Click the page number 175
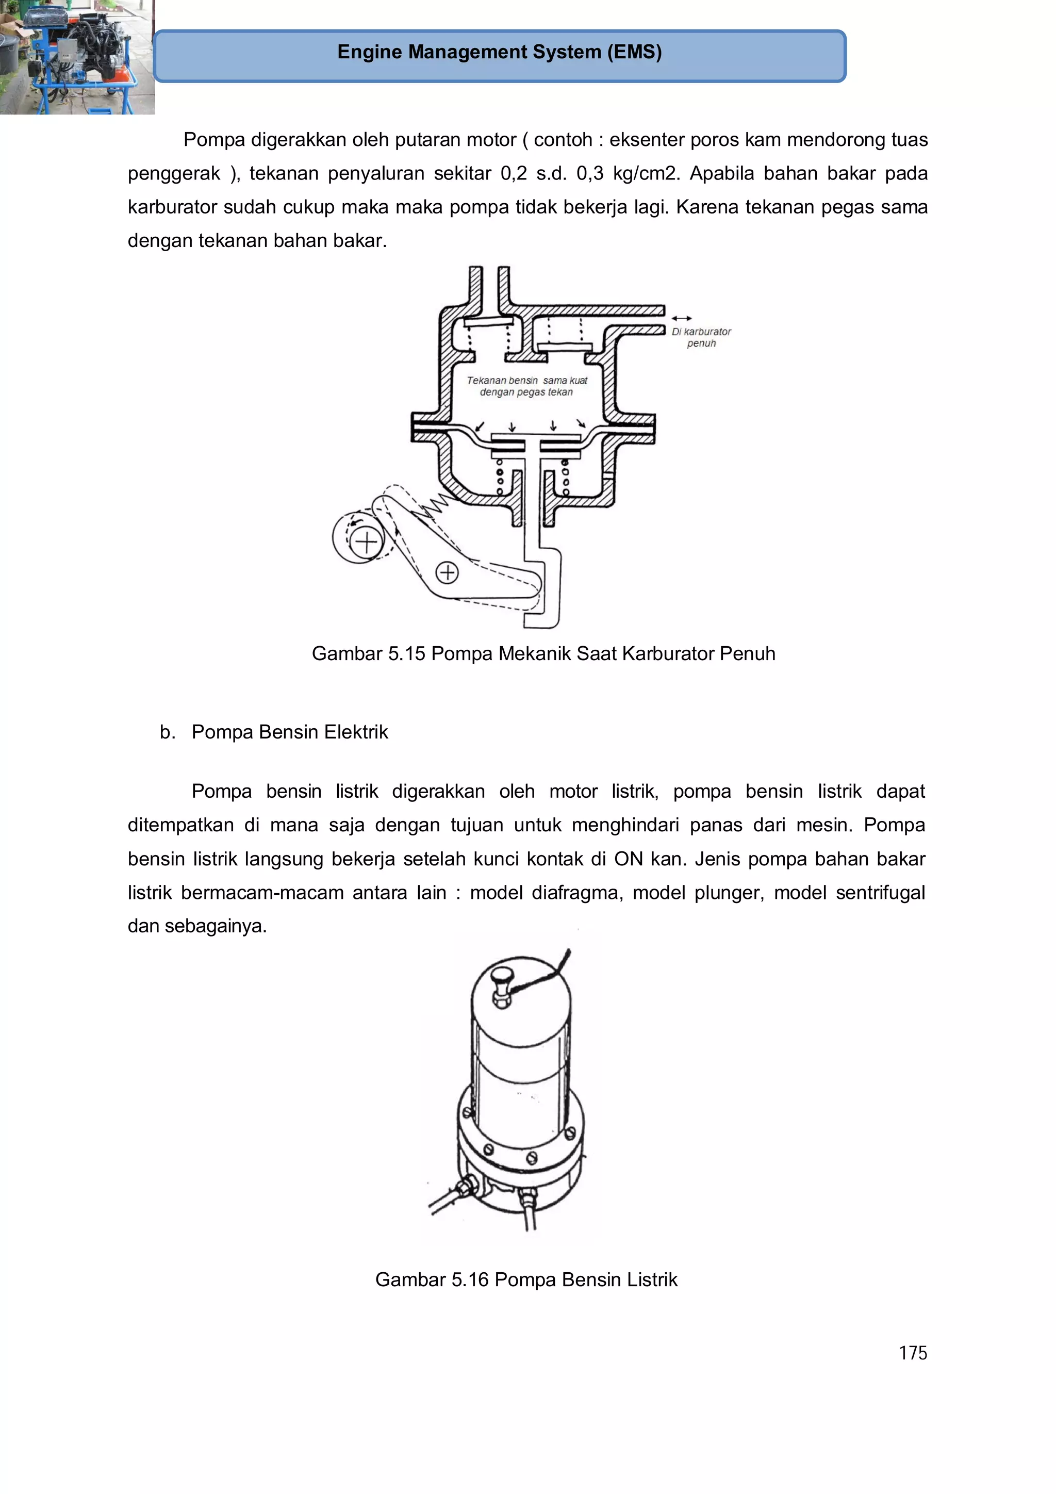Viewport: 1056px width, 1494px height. click(912, 1353)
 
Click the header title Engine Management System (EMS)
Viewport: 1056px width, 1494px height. click(499, 52)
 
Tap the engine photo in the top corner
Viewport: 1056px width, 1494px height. click(77, 57)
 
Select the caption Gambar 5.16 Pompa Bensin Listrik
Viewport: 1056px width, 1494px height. click(526, 1279)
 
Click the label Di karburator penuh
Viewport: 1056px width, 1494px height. click(701, 337)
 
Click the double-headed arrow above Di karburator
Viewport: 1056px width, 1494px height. click(681, 318)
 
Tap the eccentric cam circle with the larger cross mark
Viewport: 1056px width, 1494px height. click(366, 542)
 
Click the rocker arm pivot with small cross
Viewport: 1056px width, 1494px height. click(447, 572)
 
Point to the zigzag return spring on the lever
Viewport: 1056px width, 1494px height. click(433, 506)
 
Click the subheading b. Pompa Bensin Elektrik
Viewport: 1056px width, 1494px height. click(273, 732)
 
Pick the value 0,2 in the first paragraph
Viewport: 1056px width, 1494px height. click(514, 174)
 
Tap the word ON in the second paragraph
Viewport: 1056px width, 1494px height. click(628, 859)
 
